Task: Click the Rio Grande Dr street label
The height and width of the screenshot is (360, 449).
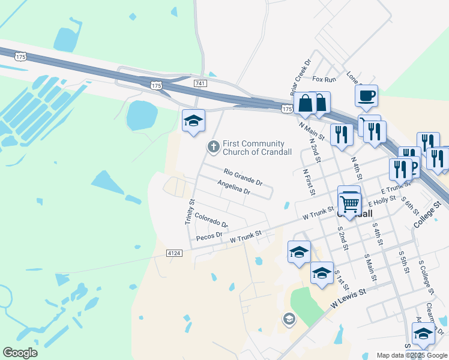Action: [243, 177]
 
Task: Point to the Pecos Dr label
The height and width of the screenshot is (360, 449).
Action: [209, 236]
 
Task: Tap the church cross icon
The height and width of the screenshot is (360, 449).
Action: [213, 146]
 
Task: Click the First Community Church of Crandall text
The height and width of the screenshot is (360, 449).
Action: [257, 148]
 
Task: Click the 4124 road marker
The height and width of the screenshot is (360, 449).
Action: [174, 254]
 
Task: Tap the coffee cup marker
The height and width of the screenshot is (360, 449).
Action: [366, 95]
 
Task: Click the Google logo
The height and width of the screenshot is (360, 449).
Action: [20, 353]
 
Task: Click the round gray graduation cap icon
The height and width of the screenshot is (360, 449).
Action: [289, 319]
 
